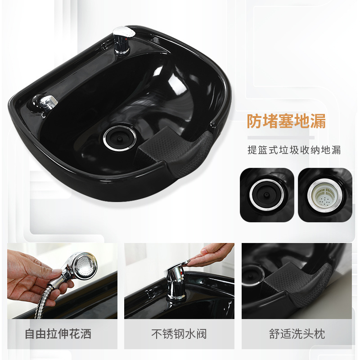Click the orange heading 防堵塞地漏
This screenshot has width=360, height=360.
point(286,121)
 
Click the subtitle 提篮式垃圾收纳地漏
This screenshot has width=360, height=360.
point(294,150)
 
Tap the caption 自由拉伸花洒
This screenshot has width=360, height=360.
point(58,334)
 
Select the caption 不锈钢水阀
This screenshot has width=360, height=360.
point(179,334)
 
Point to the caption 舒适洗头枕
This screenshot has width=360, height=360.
point(297,334)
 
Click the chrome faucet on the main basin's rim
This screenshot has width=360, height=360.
point(123,40)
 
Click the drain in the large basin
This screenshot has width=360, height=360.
point(120,138)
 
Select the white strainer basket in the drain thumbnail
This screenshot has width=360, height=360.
point(324,195)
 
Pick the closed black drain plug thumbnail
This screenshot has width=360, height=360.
point(267,195)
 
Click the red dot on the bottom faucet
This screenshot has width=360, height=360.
point(182,273)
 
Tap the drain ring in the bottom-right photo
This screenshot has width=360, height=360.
point(252,275)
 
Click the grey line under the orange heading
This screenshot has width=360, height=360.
point(281,138)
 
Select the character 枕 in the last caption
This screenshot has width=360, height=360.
point(320,334)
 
